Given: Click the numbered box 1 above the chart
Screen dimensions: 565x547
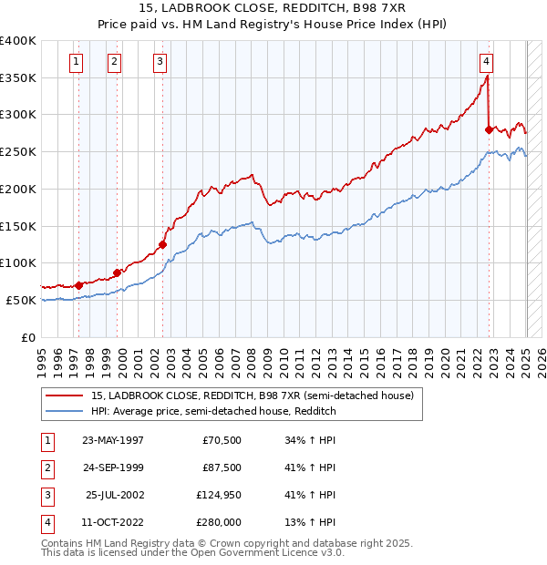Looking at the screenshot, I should tap(75, 62).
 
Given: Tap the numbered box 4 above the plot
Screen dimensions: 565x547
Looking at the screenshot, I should tap(487, 62).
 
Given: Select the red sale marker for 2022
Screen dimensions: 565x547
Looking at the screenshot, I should tap(489, 130).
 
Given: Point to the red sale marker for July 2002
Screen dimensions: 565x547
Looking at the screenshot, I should tap(163, 244).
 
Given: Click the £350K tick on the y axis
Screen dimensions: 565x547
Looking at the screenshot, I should tap(18, 78).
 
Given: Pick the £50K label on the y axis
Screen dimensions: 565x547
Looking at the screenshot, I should tap(22, 300).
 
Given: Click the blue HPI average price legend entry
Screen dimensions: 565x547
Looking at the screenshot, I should tap(213, 411).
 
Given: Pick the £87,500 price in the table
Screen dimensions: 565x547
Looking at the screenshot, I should tap(221, 467).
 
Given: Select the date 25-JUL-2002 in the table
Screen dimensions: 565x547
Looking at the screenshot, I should tap(113, 495).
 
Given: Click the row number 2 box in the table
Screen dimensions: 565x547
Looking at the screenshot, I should tap(46, 467).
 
